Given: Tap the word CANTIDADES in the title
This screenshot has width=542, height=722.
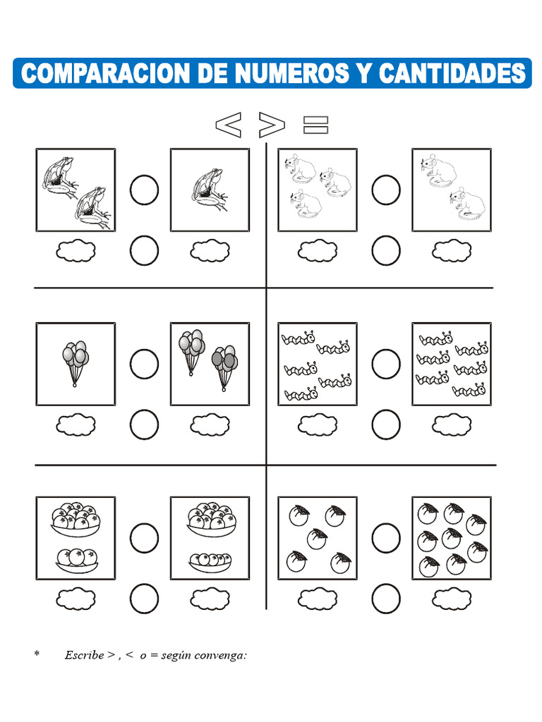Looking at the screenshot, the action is point(452,73).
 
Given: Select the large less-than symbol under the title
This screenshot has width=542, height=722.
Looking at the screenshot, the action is point(228,124).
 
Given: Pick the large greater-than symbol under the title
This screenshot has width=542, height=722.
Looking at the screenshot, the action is point(272,124).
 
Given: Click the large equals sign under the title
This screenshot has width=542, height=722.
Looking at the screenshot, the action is point(315,125).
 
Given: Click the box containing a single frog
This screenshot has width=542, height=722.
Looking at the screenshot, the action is point(210,190).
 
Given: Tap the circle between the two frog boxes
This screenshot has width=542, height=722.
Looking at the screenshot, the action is point(144,190).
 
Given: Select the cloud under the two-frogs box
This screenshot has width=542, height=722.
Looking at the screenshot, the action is point(76,251).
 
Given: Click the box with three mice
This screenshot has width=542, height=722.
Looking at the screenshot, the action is point(318,190).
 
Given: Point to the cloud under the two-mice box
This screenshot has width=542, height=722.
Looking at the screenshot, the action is point(452,251).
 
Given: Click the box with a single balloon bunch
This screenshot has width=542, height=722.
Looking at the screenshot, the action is point(76,364).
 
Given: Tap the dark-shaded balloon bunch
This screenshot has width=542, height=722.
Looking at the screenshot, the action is point(224,367).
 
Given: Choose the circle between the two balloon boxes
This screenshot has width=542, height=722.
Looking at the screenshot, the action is point(144,364).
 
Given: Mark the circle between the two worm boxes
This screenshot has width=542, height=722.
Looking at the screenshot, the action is point(386,364).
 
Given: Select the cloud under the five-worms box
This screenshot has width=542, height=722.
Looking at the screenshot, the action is point(318,424).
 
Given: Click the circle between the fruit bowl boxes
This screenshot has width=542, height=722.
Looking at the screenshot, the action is point(144,538).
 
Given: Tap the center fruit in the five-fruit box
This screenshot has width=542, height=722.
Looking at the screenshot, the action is point(317,539).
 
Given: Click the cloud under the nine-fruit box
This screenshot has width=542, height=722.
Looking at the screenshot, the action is point(452,599).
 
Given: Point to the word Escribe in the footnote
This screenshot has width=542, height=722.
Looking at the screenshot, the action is point(85,655).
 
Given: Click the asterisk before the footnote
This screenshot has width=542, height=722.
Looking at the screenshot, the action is point(37,653).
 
